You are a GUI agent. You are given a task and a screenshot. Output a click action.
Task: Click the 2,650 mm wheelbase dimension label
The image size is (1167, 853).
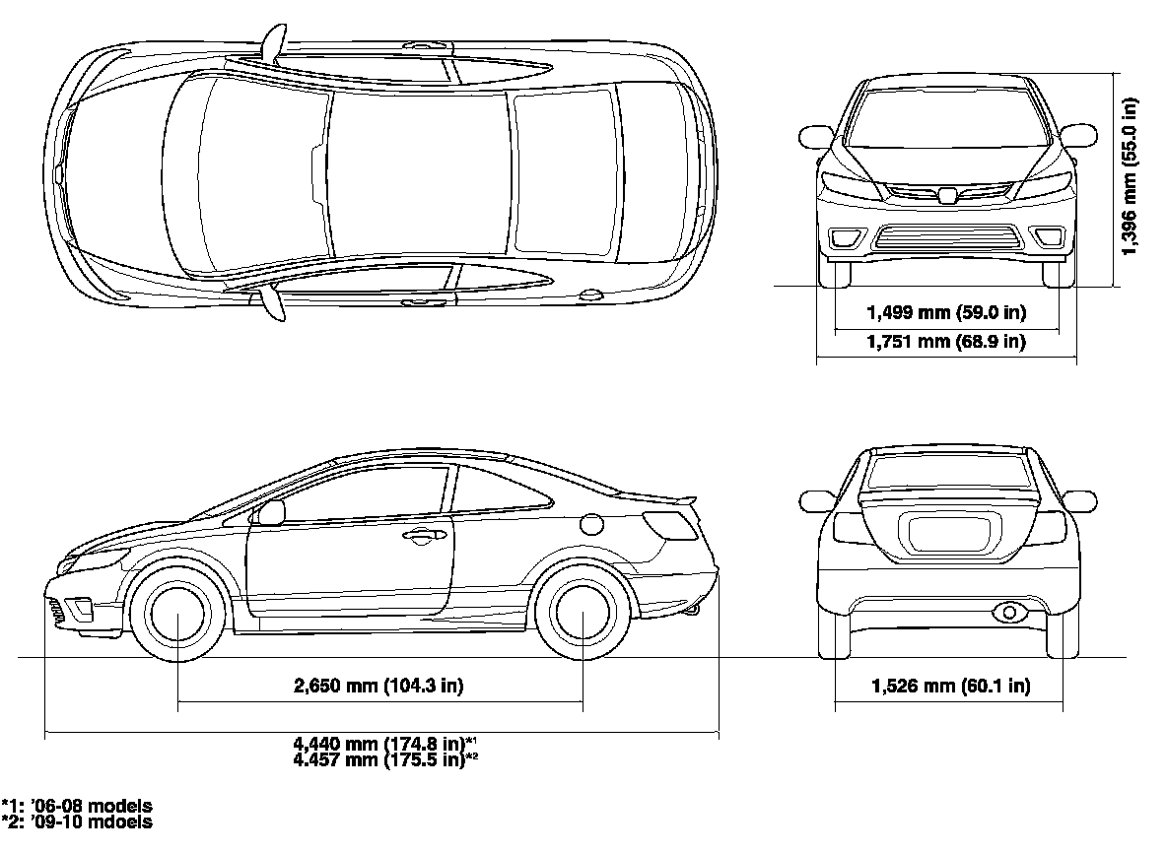(x=378, y=687)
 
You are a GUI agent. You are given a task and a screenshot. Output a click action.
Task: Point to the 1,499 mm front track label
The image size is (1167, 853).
(x=946, y=313)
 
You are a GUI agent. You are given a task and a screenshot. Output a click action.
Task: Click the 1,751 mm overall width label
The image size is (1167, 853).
(x=946, y=342)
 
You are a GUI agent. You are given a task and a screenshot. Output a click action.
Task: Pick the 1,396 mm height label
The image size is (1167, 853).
(x=1131, y=177)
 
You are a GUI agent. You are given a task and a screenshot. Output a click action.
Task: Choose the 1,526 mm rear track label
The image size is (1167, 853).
(x=950, y=687)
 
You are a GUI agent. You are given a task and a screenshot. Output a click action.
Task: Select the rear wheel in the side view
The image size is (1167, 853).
(x=583, y=612)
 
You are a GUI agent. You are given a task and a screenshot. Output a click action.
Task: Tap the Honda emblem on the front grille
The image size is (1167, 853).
(x=947, y=195)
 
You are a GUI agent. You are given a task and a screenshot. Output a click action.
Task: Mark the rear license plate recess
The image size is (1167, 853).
(x=945, y=535)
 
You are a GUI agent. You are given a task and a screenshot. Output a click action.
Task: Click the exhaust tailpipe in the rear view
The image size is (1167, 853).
(x=1008, y=613)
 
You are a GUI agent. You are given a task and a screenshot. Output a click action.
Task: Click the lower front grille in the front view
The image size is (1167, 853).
(x=946, y=237)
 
